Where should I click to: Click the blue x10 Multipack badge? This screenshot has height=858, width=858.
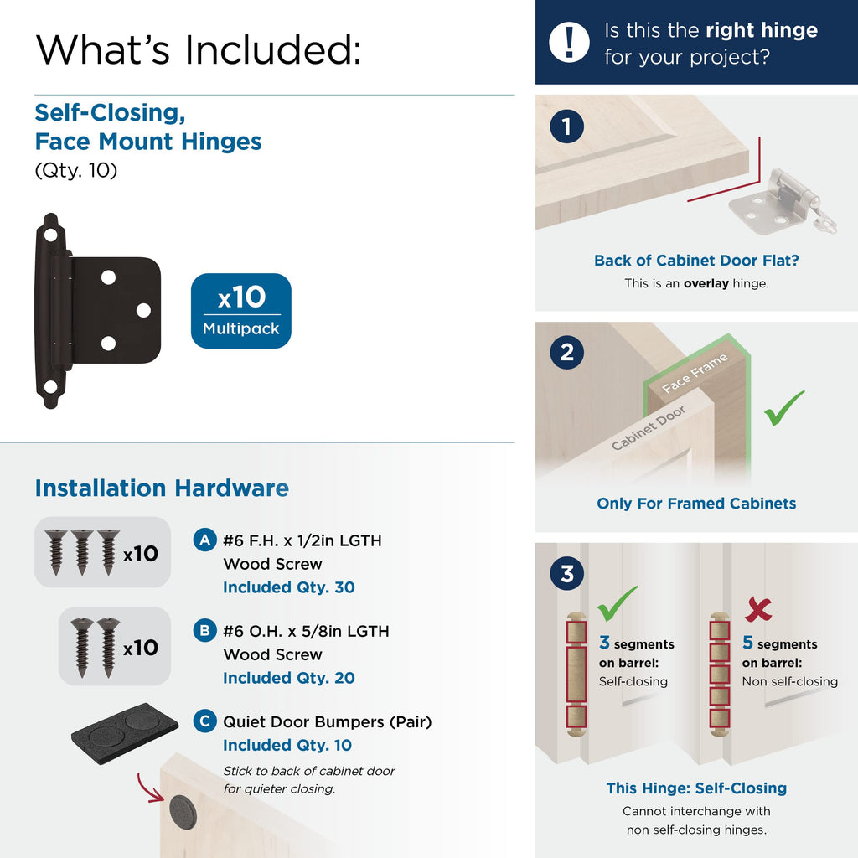click(240, 311)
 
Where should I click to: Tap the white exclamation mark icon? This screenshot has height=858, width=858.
click(569, 42)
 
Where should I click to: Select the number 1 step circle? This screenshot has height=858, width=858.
click(567, 127)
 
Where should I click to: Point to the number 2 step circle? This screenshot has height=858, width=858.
click(567, 353)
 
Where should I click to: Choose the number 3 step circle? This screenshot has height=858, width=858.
click(567, 573)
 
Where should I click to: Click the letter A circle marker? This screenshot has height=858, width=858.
click(204, 540)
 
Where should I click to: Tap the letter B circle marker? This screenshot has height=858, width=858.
click(204, 630)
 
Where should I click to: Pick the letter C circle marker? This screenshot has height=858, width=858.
click(204, 721)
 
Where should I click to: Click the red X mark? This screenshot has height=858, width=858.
click(758, 608)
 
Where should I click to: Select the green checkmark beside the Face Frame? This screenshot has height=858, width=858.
click(783, 408)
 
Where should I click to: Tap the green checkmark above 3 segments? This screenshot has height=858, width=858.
click(617, 603)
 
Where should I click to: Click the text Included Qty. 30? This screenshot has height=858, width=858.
click(289, 587)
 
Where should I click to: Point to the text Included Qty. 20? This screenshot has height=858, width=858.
click(289, 677)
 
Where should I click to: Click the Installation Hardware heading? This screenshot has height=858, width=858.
click(162, 488)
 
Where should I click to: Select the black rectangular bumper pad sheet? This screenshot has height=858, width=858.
click(125, 733)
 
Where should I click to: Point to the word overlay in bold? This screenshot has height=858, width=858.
click(706, 283)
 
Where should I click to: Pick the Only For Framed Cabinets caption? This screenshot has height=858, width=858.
click(696, 504)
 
